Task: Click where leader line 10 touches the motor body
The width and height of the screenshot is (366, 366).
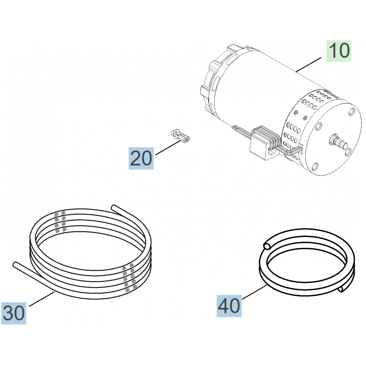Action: pyautogui.click(x=296, y=72)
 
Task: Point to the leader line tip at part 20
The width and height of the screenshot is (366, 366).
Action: pyautogui.click(x=181, y=140)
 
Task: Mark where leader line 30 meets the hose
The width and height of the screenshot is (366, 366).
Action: pyautogui.click(x=54, y=292)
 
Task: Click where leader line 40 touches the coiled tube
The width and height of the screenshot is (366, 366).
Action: pyautogui.click(x=267, y=285)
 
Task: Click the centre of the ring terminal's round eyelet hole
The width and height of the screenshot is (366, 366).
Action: pyautogui.click(x=174, y=134)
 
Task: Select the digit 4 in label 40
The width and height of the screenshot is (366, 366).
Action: pyautogui.click(x=224, y=306)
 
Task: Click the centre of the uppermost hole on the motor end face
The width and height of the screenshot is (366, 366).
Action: pyautogui.click(x=351, y=112)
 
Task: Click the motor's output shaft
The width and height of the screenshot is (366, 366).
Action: pyautogui.click(x=339, y=142)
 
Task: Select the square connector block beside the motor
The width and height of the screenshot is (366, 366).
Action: pyautogui.click(x=262, y=144)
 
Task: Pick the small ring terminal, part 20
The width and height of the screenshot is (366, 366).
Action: pyautogui.click(x=180, y=136)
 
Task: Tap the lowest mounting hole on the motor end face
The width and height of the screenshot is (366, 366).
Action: pyautogui.click(x=315, y=166)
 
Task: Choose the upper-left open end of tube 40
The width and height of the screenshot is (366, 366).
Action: pyautogui.click(x=266, y=246)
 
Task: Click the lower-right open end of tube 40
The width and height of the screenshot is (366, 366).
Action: pyautogui.click(x=341, y=289)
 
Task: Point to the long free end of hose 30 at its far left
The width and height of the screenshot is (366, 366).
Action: pyautogui.click(x=15, y=264)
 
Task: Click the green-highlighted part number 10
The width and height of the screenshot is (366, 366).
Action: pyautogui.click(x=339, y=51)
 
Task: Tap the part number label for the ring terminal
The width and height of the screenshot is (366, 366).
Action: pyautogui.click(x=141, y=158)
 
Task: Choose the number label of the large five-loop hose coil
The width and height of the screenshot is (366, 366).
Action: pyautogui.click(x=14, y=313)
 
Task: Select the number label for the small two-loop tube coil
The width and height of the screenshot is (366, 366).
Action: pyautogui.click(x=229, y=306)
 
